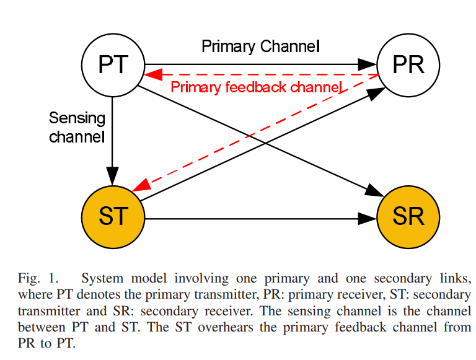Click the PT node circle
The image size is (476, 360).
coord(113,64)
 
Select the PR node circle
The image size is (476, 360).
coord(408,64)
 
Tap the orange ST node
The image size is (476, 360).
coord(113,217)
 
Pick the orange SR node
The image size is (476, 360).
coord(408,217)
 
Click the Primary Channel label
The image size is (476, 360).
coord(260,46)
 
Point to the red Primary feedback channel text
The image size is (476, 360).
coord(256,87)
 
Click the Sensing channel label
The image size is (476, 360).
coord(77,127)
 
